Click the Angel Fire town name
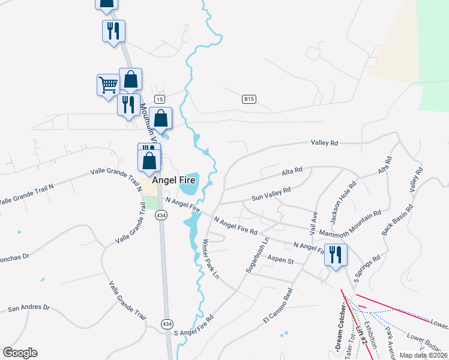pos(174,179)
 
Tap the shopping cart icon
pos(108,85)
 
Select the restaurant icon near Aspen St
pos(335,254)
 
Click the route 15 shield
pos(159,99)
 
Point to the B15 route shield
pos(250,98)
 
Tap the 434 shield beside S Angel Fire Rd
pos(167,323)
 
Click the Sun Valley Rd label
pos(271,193)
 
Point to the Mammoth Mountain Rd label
pos(351,222)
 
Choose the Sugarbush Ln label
pos(256,256)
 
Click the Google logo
pos(20,353)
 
